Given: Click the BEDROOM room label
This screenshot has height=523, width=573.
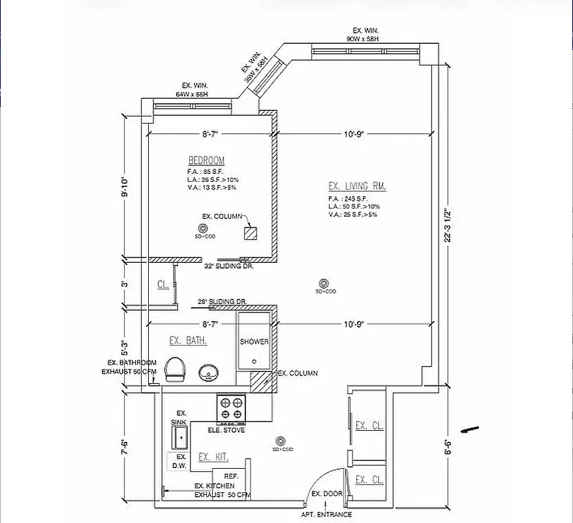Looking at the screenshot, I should tap(206, 160).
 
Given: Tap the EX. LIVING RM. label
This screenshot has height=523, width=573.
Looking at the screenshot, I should tap(357, 186).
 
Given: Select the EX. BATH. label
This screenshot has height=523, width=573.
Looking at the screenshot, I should tap(188, 341).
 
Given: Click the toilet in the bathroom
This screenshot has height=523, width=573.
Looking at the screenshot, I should tap(175, 370).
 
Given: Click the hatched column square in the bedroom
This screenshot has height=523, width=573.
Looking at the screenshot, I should tap(251, 234).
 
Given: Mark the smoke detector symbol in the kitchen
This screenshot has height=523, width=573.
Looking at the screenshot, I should tap(281, 441).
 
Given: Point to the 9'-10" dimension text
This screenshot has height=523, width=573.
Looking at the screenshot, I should tap(124, 188).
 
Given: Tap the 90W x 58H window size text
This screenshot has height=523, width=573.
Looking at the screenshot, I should tap(363, 39).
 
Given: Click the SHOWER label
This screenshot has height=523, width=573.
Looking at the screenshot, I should tap(254, 342).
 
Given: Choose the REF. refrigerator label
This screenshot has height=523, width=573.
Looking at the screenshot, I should tap(230, 477).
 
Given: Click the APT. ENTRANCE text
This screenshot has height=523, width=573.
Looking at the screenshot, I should tap(326, 515).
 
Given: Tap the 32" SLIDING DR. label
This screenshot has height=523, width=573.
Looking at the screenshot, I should tap(228, 267).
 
